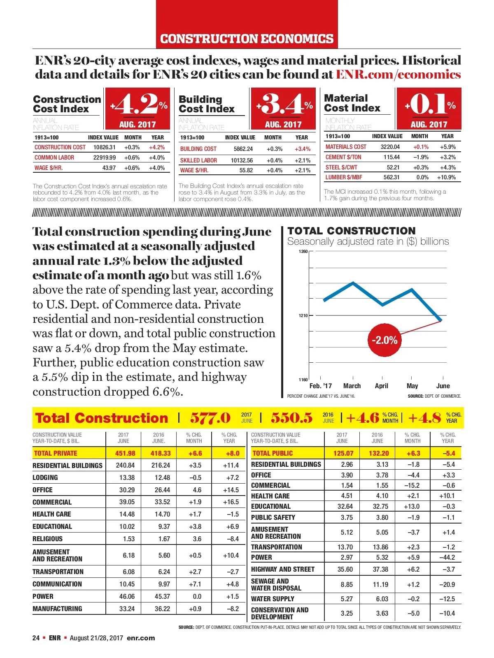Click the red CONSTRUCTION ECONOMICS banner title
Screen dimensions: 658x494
(247, 39)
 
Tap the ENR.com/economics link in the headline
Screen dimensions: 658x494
(398, 74)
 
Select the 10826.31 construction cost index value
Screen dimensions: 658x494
(105, 147)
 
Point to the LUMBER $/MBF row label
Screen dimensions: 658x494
(344, 177)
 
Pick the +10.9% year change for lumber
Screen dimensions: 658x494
(446, 177)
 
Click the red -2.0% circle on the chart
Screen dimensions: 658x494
(384, 340)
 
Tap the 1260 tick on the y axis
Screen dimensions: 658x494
(303, 251)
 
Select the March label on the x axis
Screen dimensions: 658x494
(352, 386)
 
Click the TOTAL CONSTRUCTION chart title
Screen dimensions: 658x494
(352, 231)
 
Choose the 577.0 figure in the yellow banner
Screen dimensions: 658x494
(210, 418)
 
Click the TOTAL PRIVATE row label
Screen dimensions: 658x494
(56, 453)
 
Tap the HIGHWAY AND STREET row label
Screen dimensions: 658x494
(283, 569)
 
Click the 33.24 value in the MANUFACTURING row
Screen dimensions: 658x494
(127, 609)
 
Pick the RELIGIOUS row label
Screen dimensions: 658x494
(48, 539)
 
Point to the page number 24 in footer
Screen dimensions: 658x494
(36, 638)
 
